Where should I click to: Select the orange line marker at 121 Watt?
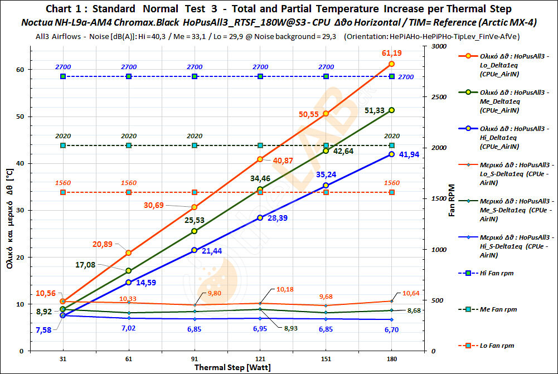tap(260, 159)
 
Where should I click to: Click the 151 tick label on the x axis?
tap(326, 360)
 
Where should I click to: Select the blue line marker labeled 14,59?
tap(129, 283)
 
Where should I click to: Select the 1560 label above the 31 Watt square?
tap(63, 183)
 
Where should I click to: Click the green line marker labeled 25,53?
tap(195, 231)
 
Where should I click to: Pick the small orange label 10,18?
tap(284, 290)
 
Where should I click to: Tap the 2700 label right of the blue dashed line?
tap(406, 76)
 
